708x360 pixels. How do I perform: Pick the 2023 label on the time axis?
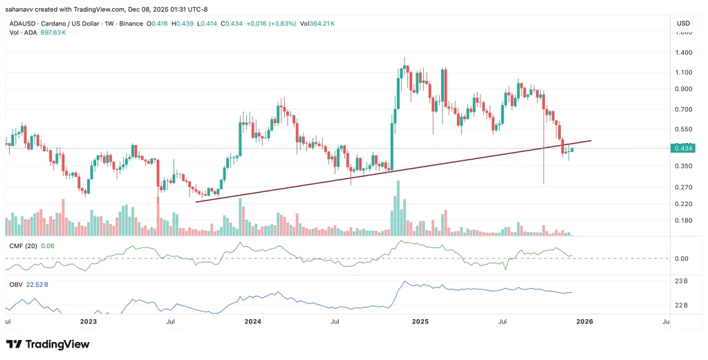(87, 321)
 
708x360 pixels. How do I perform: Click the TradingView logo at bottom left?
(48, 344)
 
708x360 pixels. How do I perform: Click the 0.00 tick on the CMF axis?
(682, 258)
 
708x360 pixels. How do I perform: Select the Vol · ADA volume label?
(18, 32)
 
